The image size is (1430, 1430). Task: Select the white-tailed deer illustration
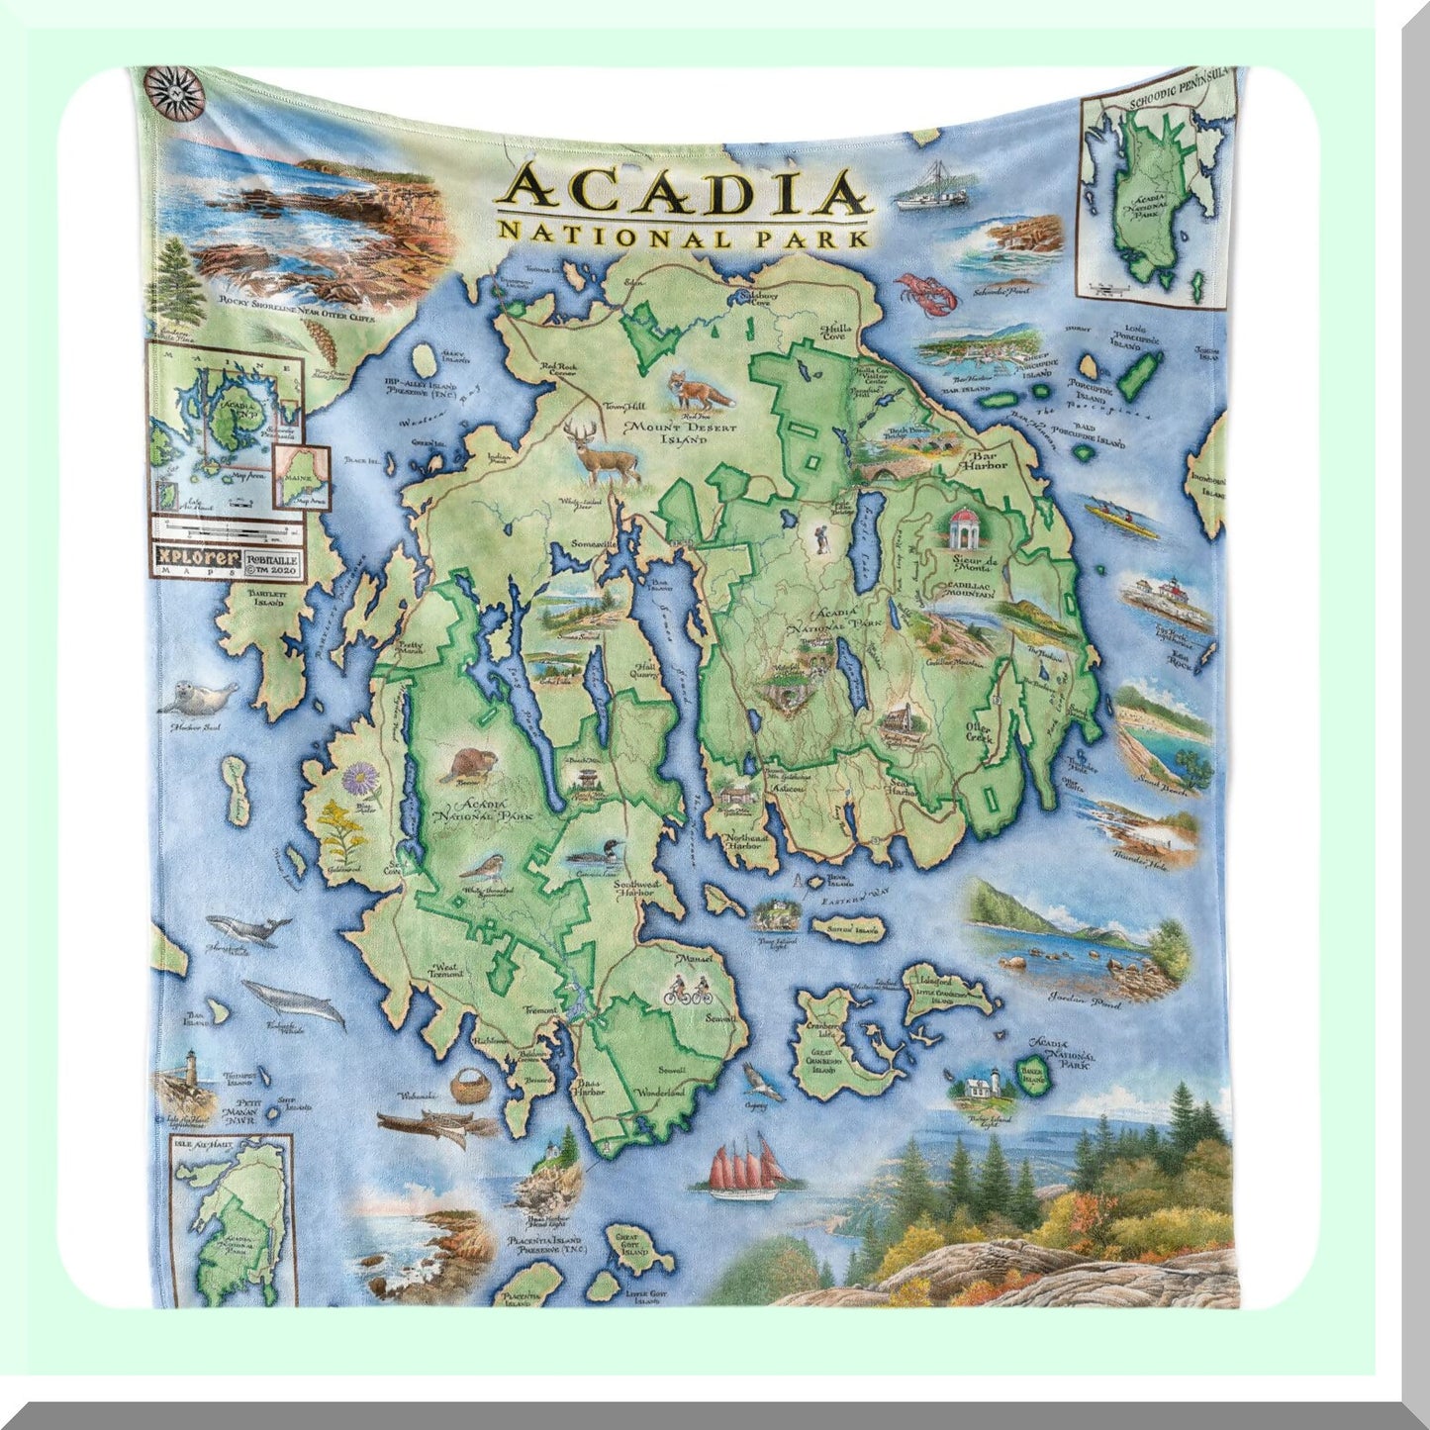[607, 450]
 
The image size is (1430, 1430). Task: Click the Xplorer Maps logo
[197, 559]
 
